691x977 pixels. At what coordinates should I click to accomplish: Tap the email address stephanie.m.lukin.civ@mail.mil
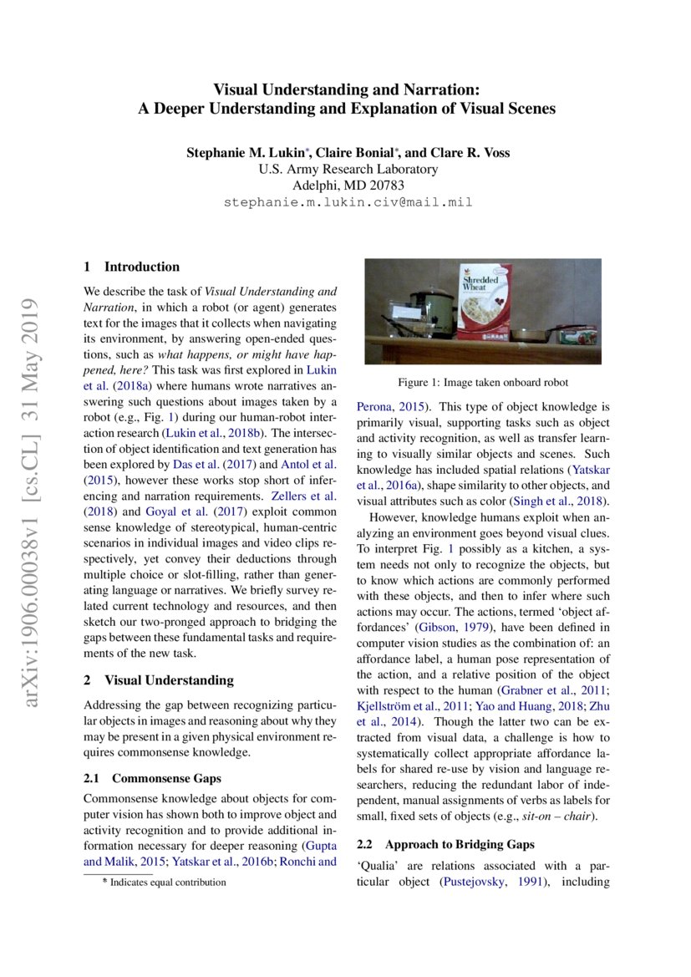pos(348,202)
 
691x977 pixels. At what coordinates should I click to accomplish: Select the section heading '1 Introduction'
pos(132,267)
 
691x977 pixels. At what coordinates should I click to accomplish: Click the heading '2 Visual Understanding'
pos(159,680)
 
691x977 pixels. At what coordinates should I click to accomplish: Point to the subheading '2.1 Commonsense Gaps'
pos(153,778)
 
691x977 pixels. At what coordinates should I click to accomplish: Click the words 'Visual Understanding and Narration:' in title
pos(347,89)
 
